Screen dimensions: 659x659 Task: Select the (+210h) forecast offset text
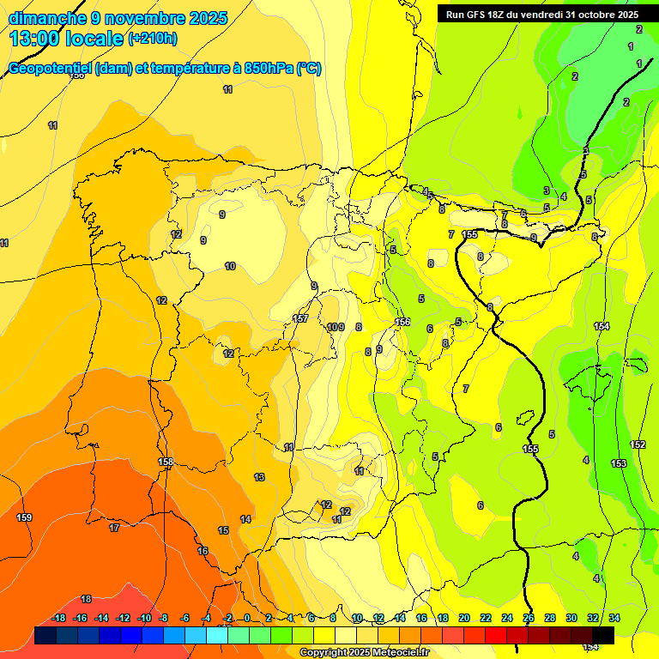pyautogui.click(x=152, y=38)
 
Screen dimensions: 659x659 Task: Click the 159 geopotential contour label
pyautogui.click(x=25, y=517)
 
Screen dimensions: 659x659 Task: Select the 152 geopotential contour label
pyautogui.click(x=638, y=444)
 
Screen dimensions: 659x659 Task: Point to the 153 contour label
pyautogui.click(x=619, y=463)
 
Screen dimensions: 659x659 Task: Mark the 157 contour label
pyautogui.click(x=300, y=318)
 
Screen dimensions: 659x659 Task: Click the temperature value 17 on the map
pyautogui.click(x=114, y=528)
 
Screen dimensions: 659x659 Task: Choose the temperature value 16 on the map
pyautogui.click(x=203, y=551)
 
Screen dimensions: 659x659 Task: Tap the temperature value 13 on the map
pyautogui.click(x=259, y=477)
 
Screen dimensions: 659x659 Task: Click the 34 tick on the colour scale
pyautogui.click(x=614, y=618)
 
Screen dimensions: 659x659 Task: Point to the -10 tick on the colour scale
pyautogui.click(x=144, y=618)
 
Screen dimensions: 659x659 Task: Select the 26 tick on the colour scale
pyautogui.click(x=529, y=618)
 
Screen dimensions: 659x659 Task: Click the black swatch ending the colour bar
pyautogui.click(x=603, y=635)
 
